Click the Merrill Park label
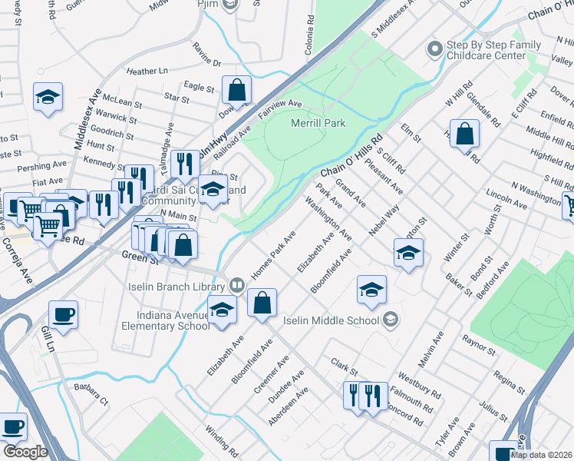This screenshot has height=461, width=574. click(x=318, y=123)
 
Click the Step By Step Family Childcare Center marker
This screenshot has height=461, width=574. click(x=435, y=48)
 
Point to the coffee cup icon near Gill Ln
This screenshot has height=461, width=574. click(x=63, y=313)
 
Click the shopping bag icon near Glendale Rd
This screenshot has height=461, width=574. click(x=464, y=134)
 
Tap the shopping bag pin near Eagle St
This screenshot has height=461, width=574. click(x=237, y=89)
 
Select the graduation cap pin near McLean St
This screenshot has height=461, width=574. click(x=48, y=96)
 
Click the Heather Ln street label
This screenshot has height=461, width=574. click(x=147, y=71)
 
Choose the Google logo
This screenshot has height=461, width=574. click(x=25, y=452)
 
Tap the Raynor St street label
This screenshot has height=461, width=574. click(x=480, y=343)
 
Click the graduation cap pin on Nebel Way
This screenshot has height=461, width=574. click(x=408, y=251)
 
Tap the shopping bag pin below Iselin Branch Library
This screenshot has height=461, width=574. click(x=262, y=302)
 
